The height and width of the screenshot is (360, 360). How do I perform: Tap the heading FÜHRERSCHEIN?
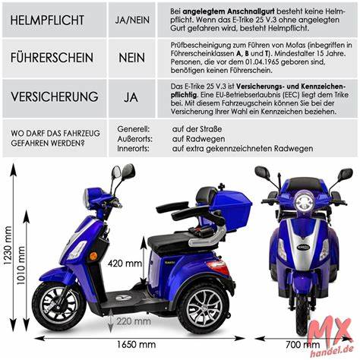pos(52,57)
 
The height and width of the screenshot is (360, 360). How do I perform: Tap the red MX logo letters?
pos(331,330)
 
